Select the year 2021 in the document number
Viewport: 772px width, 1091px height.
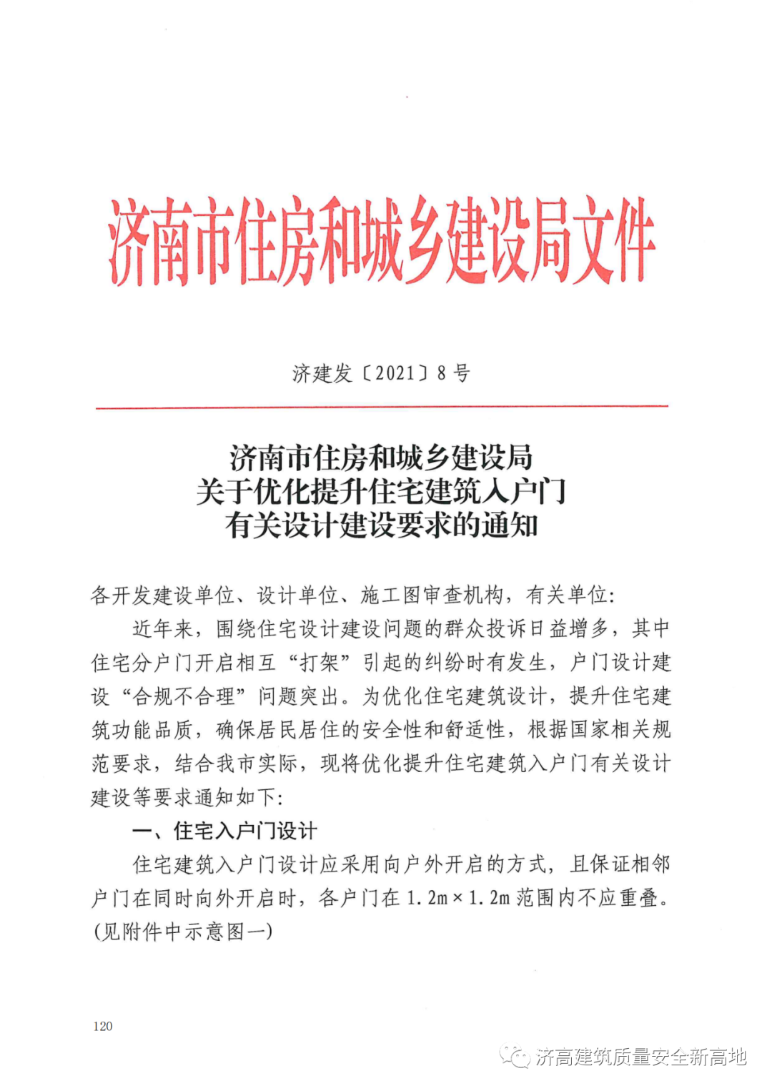click(x=395, y=372)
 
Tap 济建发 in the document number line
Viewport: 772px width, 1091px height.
click(x=322, y=372)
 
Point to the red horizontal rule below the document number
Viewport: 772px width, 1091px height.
click(x=382, y=407)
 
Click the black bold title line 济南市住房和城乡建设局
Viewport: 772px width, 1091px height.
click(x=381, y=457)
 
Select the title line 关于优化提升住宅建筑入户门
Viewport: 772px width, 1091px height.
click(x=381, y=491)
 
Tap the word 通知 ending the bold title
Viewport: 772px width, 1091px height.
click(x=510, y=525)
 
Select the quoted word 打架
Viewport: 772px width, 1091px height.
click(x=320, y=662)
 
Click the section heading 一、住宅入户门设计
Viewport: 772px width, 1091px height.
click(x=224, y=831)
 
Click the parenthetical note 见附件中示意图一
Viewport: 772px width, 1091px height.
click(x=183, y=932)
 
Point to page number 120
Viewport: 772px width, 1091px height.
click(x=103, y=1026)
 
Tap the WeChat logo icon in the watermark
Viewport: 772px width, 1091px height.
click(x=514, y=1056)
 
